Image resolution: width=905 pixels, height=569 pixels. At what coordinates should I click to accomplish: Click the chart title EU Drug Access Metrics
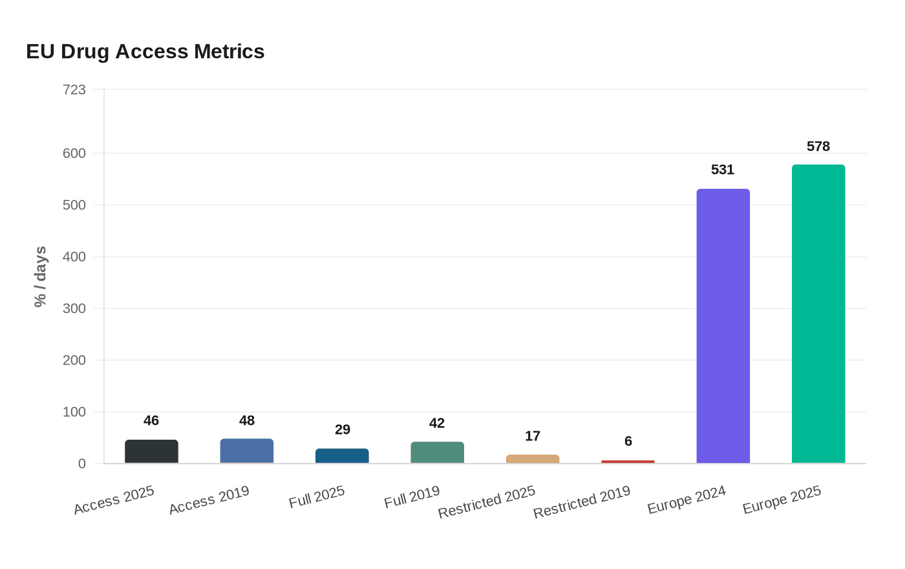(x=145, y=51)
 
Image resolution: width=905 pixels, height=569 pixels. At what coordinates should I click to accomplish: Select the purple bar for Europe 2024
(x=723, y=326)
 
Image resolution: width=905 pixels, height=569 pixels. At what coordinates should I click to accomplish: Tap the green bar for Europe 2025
(x=818, y=314)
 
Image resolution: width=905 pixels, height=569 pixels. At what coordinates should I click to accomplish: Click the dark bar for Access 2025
(x=151, y=451)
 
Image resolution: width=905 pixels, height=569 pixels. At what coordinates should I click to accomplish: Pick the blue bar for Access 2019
(x=247, y=451)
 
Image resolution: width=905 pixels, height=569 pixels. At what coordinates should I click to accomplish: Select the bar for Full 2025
(x=342, y=456)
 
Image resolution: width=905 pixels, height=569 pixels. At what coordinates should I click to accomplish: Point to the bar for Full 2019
(x=437, y=453)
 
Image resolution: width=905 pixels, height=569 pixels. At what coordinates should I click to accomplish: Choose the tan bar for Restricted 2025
(x=533, y=459)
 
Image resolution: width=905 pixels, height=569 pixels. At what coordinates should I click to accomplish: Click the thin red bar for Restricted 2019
(x=628, y=462)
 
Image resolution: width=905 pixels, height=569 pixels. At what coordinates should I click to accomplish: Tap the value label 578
(x=818, y=146)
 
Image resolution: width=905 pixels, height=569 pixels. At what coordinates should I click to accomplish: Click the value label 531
(x=723, y=169)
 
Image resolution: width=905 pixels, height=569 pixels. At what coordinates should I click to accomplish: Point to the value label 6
(x=628, y=441)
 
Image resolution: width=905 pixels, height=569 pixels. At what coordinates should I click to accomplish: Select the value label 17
(x=533, y=436)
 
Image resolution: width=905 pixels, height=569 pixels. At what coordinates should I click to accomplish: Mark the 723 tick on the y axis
(x=74, y=90)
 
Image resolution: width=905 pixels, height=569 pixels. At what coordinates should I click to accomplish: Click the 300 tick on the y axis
(x=74, y=308)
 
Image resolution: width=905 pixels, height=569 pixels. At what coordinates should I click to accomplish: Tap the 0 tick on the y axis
(x=81, y=464)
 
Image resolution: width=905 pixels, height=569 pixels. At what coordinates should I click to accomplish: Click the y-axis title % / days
(x=40, y=277)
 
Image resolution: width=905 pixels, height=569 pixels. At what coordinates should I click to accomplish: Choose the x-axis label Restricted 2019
(x=582, y=502)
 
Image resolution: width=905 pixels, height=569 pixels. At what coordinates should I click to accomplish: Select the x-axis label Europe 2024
(x=687, y=500)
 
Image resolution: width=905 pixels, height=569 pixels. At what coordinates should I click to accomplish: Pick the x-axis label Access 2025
(x=114, y=500)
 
